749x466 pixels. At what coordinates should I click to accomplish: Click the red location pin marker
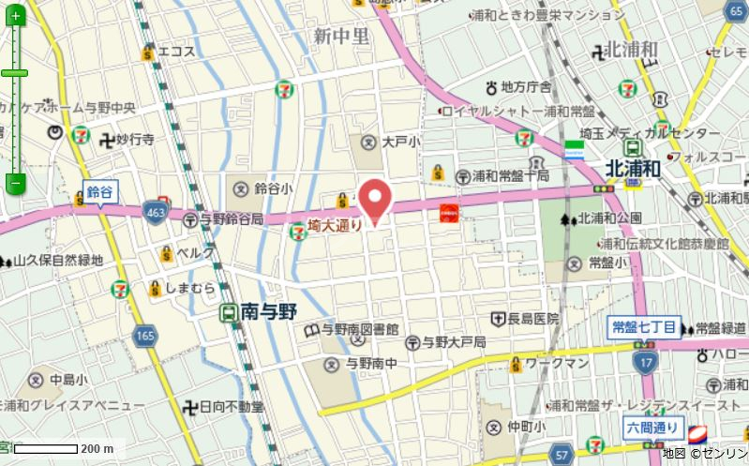point(376,199)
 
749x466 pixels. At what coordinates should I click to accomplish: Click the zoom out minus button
point(14,182)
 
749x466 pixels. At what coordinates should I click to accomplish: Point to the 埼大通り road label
point(335,226)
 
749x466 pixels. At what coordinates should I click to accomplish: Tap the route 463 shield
point(153,216)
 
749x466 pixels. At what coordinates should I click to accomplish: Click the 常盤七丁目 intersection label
point(642,327)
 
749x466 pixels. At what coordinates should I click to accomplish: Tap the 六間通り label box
point(652,428)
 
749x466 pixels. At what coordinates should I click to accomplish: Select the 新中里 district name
point(342,37)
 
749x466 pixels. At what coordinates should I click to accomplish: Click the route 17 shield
point(644,360)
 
